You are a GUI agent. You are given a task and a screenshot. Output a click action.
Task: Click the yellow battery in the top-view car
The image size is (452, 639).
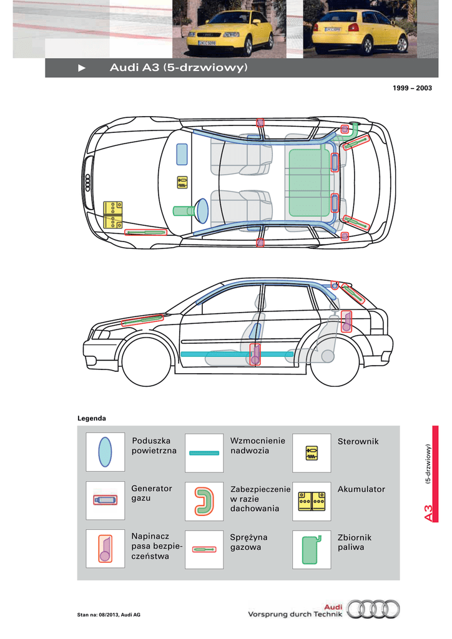click(x=113, y=215)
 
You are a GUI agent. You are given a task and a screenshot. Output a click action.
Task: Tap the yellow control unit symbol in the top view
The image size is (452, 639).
click(x=182, y=182)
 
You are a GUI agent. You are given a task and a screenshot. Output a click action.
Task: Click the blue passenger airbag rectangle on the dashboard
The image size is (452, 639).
click(x=182, y=155)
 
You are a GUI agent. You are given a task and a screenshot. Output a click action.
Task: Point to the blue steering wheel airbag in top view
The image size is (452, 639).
click(x=202, y=211)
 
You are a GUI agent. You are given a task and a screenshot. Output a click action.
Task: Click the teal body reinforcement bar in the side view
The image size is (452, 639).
click(x=237, y=354)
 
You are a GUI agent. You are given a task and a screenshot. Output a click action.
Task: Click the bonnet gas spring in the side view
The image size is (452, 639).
click(x=142, y=320)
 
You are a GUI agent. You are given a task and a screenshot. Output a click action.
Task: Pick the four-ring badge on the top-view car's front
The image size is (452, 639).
click(x=87, y=183)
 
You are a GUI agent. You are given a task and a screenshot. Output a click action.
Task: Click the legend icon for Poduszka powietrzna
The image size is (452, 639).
click(x=105, y=452)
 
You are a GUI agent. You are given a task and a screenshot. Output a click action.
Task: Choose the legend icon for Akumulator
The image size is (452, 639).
click(x=312, y=500)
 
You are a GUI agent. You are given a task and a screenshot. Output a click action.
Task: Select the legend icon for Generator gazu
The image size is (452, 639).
click(x=105, y=500)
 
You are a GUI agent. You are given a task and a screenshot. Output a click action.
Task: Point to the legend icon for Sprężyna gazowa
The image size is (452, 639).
click(x=204, y=550)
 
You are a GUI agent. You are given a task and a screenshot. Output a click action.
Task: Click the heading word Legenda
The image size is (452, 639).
click(x=92, y=418)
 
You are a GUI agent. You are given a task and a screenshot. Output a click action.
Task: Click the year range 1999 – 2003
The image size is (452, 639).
click(x=412, y=88)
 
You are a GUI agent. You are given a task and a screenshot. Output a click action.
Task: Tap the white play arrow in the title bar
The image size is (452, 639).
click(x=82, y=68)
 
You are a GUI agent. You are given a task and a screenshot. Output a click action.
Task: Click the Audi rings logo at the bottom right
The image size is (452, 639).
click(x=373, y=609)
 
